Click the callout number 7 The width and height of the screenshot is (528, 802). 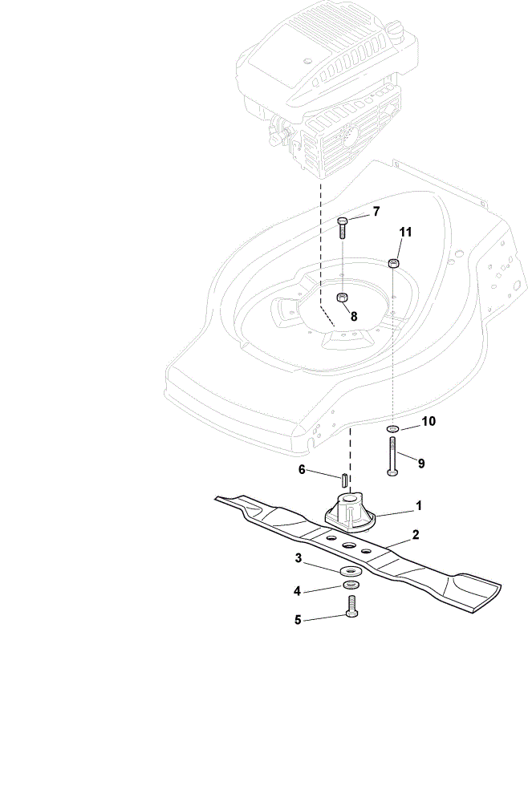click(376, 212)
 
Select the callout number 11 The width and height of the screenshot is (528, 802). click(405, 233)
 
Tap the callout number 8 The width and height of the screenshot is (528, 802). click(354, 316)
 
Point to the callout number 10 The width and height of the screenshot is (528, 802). click(428, 421)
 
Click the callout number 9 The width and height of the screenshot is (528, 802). click(421, 464)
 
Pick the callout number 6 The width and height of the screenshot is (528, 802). click(302, 469)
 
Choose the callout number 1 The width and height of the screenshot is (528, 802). click(419, 506)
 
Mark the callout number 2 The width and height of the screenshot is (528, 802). click(416, 535)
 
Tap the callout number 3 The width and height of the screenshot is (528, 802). click(299, 558)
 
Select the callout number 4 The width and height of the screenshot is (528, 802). click(297, 591)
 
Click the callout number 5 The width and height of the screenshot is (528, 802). click(298, 620)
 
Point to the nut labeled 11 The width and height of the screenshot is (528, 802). click(393, 263)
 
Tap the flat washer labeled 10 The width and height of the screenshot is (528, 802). click(393, 428)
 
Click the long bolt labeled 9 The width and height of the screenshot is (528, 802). click(393, 456)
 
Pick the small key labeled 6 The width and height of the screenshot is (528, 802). click(344, 480)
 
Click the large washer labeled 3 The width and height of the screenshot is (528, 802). click(350, 569)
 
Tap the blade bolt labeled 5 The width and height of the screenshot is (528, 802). click(352, 606)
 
